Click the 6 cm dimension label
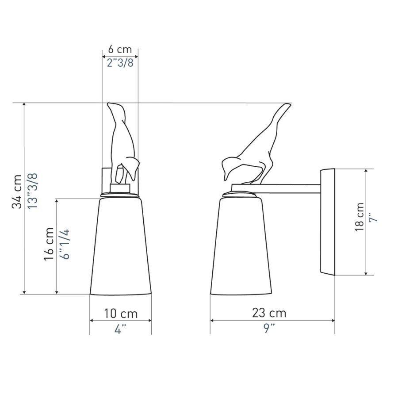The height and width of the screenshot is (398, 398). pyautogui.click(x=120, y=49)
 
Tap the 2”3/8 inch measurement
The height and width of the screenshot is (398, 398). pyautogui.click(x=120, y=63)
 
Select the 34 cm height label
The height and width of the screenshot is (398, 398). pyautogui.click(x=17, y=191)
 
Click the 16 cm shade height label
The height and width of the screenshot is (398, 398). pyautogui.click(x=49, y=244)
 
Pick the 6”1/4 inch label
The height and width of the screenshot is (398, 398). pyautogui.click(x=65, y=244)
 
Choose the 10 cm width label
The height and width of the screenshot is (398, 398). pyautogui.click(x=121, y=314)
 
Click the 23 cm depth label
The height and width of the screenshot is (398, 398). pyautogui.click(x=269, y=313)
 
